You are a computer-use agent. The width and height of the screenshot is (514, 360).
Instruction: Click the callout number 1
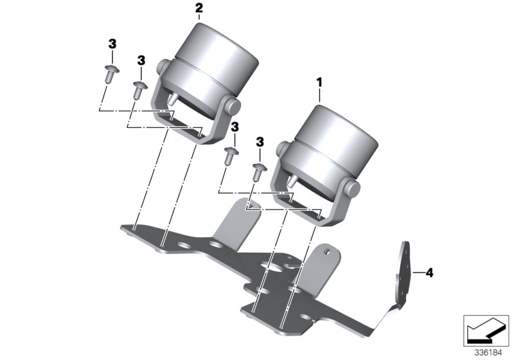(x=319, y=83)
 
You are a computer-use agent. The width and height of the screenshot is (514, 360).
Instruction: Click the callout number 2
(x=199, y=8)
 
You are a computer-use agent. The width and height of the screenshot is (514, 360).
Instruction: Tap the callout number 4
(x=429, y=273)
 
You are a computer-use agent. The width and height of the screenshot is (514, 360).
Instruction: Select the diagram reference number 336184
(x=488, y=353)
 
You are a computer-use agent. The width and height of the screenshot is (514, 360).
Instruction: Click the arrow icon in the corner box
(x=486, y=330)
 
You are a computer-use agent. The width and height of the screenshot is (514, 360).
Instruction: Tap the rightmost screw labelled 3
(x=259, y=172)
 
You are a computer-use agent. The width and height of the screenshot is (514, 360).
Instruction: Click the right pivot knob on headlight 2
(x=233, y=106)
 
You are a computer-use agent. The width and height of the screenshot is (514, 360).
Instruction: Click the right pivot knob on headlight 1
(x=352, y=188)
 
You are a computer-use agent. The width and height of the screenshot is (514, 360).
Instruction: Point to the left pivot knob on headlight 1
(x=282, y=149)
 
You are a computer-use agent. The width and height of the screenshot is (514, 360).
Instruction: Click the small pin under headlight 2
(x=173, y=98)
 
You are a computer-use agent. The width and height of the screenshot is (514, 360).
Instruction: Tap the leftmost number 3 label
(x=112, y=44)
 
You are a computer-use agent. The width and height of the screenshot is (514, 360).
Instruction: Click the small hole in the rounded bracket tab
(x=326, y=251)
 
